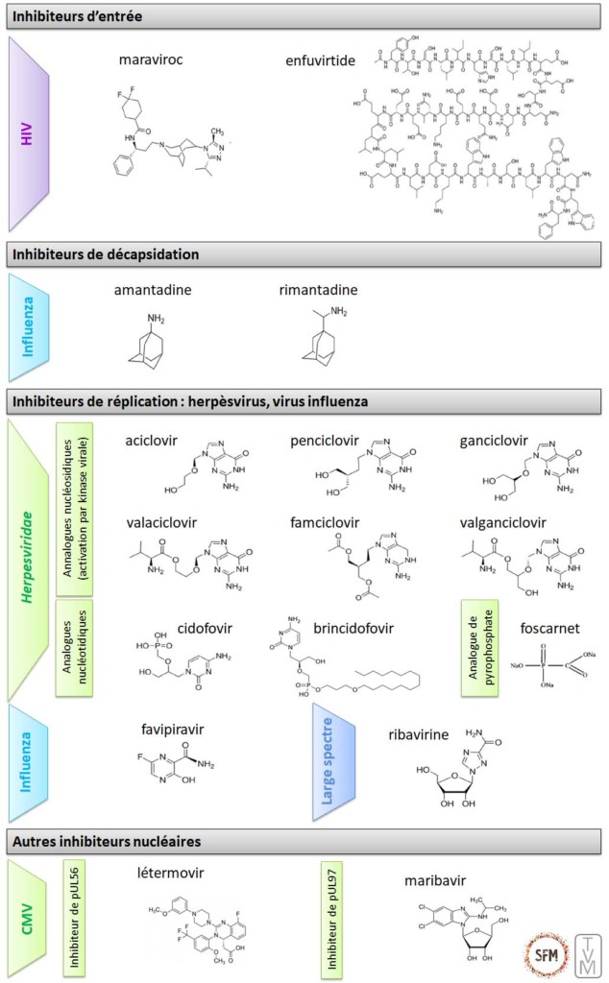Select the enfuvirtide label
321,60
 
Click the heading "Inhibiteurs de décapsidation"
106,254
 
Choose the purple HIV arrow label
28,133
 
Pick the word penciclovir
325,441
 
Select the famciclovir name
325,523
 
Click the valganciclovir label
503,523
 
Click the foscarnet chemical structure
544,662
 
